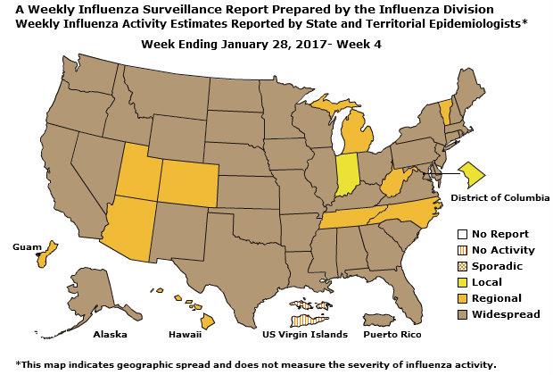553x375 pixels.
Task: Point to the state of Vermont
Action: coord(445,112)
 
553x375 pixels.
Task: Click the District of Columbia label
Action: coord(500,196)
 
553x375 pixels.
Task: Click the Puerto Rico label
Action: coord(392,335)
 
